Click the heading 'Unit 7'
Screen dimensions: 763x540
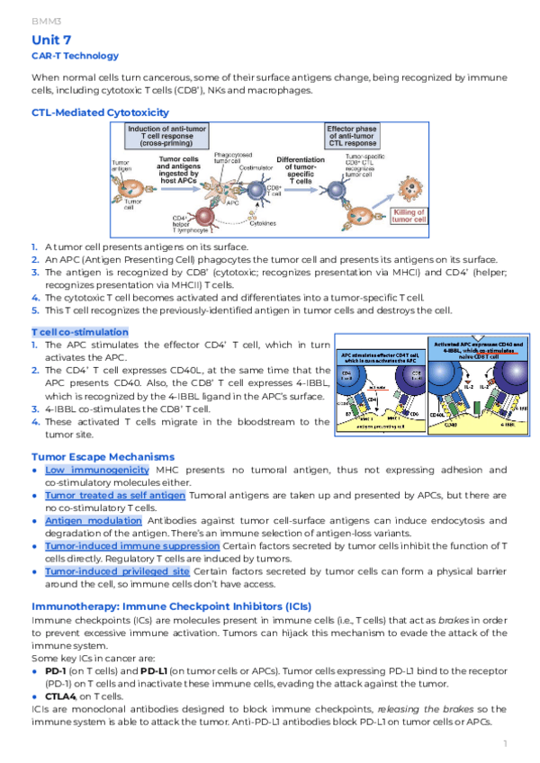51,40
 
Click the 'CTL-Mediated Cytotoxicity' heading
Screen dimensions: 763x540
100,112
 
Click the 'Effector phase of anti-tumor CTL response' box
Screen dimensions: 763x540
352,136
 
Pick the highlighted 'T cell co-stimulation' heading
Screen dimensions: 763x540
80,331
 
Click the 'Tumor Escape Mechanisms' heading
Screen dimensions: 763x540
103,457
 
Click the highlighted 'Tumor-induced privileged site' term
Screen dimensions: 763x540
117,571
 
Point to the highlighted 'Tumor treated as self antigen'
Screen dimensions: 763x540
114,496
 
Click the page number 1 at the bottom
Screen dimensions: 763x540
507,743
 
